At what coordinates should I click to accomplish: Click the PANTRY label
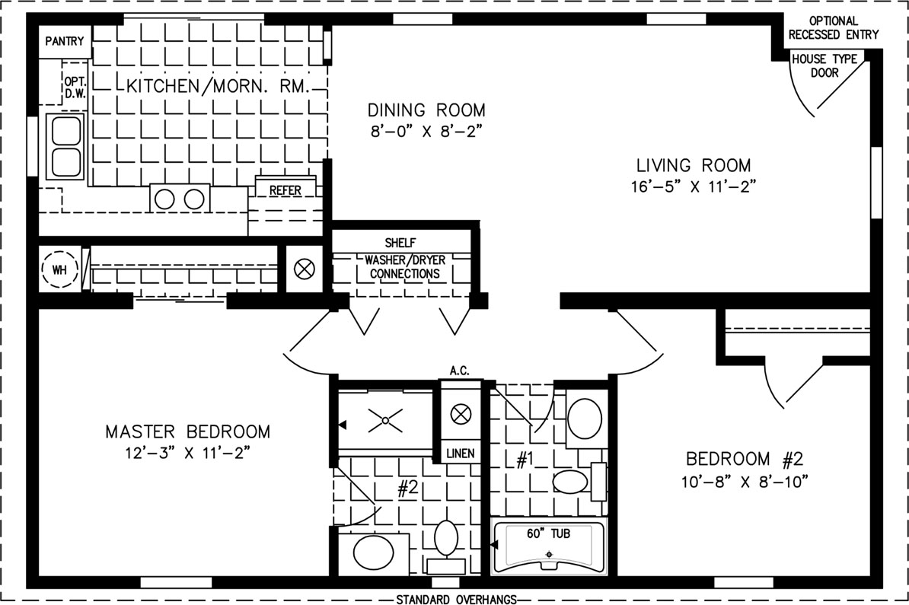65,41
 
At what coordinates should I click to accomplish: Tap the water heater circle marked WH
59,269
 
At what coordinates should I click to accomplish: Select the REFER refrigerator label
285,190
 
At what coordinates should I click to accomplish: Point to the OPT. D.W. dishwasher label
75,88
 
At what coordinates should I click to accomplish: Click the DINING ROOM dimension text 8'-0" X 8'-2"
426,131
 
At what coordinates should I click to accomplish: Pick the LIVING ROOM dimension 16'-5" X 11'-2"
694,186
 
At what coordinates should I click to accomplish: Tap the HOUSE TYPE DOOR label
824,65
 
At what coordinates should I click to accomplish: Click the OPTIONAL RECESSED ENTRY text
833,28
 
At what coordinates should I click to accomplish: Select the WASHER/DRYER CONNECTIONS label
405,266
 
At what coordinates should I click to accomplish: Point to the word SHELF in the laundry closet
400,242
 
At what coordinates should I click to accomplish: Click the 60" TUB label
548,533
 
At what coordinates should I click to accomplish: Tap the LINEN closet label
461,453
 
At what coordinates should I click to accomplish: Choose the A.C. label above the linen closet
459,371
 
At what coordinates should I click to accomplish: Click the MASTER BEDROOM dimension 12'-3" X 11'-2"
188,453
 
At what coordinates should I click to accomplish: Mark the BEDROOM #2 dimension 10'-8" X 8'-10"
745,481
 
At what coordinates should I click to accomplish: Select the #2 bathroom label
407,488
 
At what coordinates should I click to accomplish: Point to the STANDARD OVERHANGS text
456,599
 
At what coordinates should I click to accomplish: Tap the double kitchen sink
65,146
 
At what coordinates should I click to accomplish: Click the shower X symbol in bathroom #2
385,420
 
